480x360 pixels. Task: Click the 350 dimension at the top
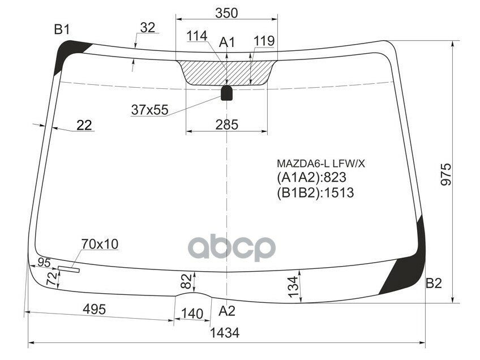click(226, 12)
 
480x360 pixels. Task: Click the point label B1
click(62, 30)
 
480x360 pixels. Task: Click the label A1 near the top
click(227, 42)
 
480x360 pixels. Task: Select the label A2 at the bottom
click(227, 310)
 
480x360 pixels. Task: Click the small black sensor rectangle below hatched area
click(226, 93)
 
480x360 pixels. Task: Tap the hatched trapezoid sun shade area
click(226, 72)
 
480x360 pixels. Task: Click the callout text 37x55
click(149, 110)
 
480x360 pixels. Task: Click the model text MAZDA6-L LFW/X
click(321, 164)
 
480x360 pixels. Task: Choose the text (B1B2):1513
click(315, 193)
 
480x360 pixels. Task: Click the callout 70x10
click(100, 244)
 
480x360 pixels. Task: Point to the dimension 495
click(95, 309)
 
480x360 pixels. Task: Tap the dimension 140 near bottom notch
click(192, 313)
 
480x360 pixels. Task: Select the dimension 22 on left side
click(84, 126)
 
